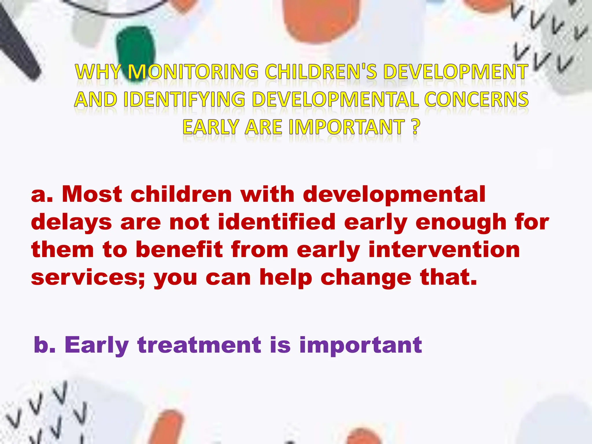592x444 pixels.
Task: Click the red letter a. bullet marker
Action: point(42,195)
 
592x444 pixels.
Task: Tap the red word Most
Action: point(92,194)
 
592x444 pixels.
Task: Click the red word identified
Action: point(276,222)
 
